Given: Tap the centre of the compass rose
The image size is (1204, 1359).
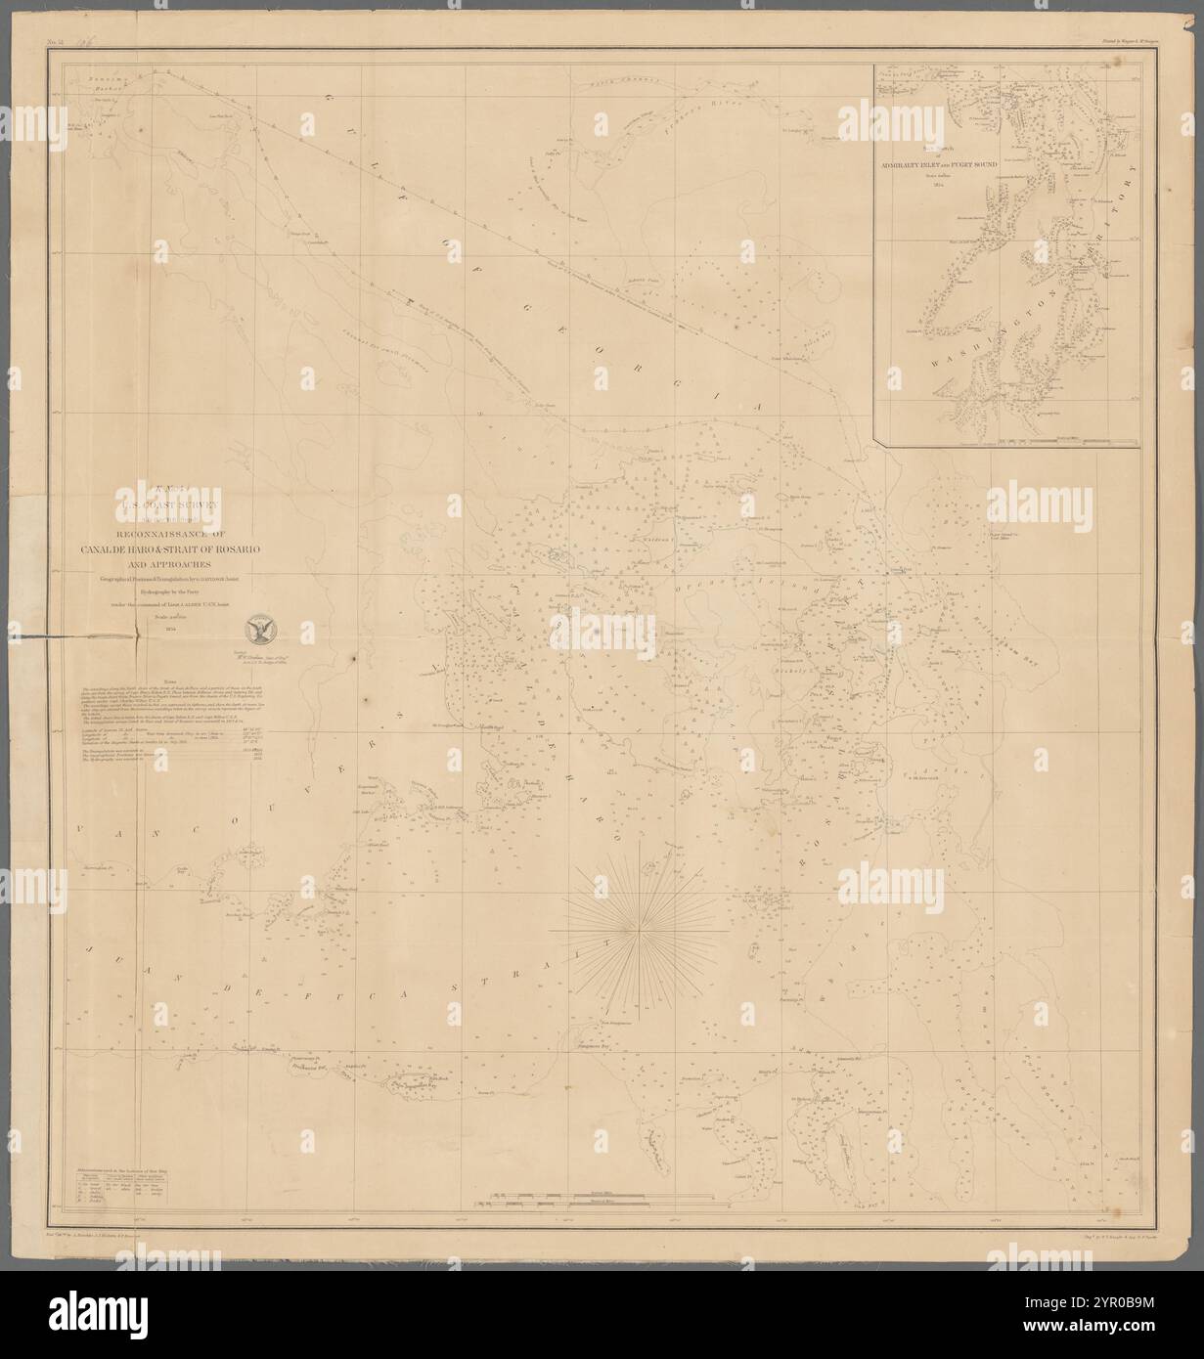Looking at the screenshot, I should (637, 924).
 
